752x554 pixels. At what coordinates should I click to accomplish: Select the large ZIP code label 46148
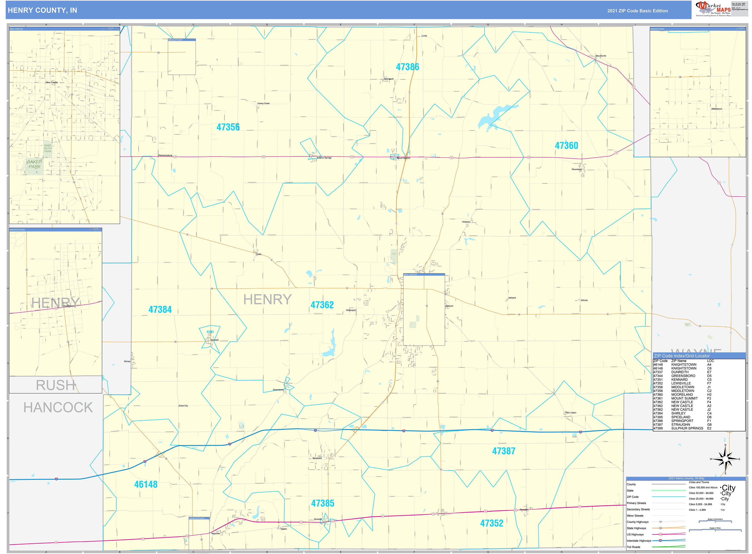point(146,484)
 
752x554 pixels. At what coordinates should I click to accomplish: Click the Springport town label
point(389,79)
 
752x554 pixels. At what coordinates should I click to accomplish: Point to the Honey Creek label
point(263,104)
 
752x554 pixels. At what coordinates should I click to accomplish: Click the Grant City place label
point(183,406)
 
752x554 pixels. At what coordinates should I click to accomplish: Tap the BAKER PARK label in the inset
point(35,164)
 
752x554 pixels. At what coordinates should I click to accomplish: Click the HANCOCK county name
point(58,407)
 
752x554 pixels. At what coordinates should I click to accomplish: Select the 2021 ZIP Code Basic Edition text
point(637,11)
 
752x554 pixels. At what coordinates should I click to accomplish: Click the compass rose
point(725,459)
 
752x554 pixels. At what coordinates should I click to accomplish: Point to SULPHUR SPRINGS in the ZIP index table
point(687,428)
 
